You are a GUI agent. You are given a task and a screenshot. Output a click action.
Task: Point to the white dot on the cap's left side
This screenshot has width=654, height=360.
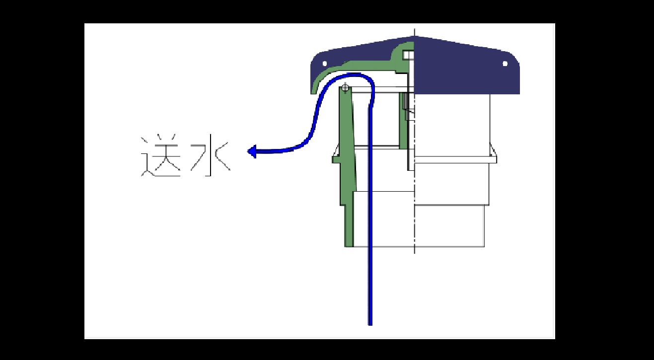tap(325, 64)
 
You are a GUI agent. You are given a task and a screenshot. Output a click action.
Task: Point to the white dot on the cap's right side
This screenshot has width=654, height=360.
tap(505, 64)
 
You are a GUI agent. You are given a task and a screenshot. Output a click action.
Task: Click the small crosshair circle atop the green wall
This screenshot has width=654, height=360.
tap(345, 88)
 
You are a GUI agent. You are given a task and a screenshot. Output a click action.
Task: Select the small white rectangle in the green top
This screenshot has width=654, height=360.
tap(408, 54)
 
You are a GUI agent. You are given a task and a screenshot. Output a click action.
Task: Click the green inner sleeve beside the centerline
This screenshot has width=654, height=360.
tap(403, 119)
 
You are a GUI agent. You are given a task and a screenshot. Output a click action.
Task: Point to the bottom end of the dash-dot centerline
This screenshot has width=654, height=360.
tap(415, 252)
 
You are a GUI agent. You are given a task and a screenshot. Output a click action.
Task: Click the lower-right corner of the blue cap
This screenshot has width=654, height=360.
tap(518, 93)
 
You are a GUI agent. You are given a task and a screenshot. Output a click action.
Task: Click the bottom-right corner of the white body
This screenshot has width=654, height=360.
tap(484, 246)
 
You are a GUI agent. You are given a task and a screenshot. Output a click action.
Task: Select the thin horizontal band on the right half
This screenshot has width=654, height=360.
tap(452, 159)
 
